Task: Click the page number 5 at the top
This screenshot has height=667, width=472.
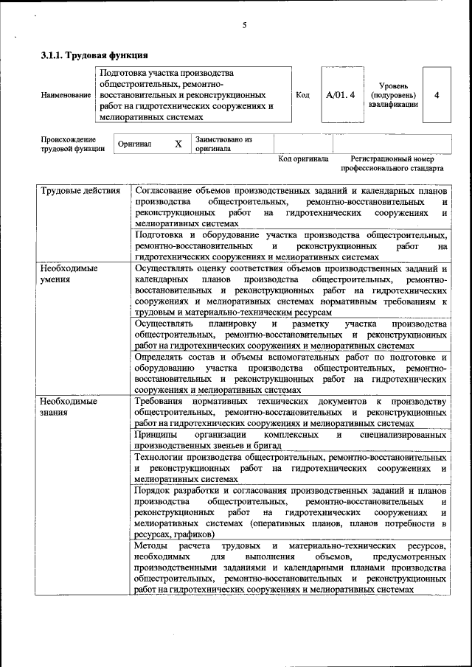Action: point(244,26)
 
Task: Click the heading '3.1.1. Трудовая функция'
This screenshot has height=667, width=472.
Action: point(94,55)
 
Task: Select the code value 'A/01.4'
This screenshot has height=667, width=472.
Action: point(340,95)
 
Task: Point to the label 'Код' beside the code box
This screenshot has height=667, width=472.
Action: point(302,95)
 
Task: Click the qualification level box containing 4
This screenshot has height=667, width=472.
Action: point(437,95)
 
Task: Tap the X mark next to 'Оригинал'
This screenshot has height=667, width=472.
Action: point(178,144)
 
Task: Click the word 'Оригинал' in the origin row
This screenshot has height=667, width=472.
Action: point(135,144)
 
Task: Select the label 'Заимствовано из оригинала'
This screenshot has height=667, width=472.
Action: point(223,144)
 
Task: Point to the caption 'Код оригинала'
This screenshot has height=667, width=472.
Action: point(303,158)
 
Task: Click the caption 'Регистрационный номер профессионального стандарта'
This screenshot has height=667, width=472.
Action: point(392,163)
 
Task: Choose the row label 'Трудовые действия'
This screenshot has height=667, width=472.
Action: point(80,191)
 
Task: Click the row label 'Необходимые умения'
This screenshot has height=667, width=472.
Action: point(69,273)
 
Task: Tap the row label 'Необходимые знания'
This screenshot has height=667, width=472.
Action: point(69,406)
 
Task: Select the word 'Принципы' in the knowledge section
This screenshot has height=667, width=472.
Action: point(156,435)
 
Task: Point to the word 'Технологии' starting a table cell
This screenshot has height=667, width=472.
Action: point(162,458)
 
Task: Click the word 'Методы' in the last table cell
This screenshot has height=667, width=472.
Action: point(152,545)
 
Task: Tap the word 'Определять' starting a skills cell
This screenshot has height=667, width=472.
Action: point(162,357)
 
